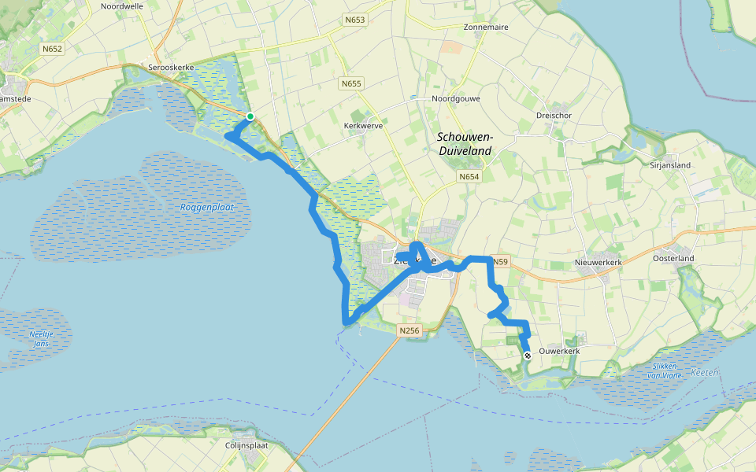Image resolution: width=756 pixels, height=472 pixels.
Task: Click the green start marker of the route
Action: click(250, 116)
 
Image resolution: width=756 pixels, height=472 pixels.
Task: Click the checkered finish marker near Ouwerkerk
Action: click(528, 356)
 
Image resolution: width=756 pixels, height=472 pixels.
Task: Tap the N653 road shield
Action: click(354, 19)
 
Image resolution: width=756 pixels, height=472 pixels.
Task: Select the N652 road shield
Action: click(53, 49)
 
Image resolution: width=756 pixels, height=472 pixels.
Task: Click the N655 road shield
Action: click(351, 83)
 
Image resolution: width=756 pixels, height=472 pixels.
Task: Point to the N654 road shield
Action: click(469, 178)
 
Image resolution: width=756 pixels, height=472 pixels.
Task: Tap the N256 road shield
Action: click(409, 331)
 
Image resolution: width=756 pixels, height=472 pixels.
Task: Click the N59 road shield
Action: click(499, 260)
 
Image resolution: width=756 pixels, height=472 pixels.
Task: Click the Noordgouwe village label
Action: click(455, 99)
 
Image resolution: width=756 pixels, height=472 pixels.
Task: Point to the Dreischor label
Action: click(553, 115)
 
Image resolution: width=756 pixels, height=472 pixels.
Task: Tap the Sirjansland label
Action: click(670, 166)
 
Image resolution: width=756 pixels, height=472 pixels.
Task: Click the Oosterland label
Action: click(673, 258)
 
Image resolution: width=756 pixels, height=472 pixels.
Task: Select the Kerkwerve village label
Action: click(362, 125)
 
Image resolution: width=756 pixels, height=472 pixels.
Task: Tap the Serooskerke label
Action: click(171, 68)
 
